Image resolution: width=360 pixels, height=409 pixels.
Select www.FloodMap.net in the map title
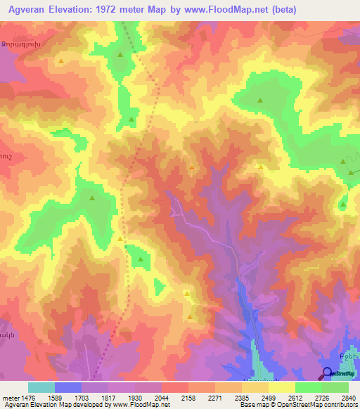point(233,10)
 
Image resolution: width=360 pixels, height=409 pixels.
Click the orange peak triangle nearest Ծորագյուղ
point(62,62)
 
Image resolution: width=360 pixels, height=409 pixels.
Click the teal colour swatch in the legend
point(41,387)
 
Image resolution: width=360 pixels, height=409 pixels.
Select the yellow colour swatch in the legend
point(281,387)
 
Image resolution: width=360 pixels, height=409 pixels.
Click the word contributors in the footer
point(340,405)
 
